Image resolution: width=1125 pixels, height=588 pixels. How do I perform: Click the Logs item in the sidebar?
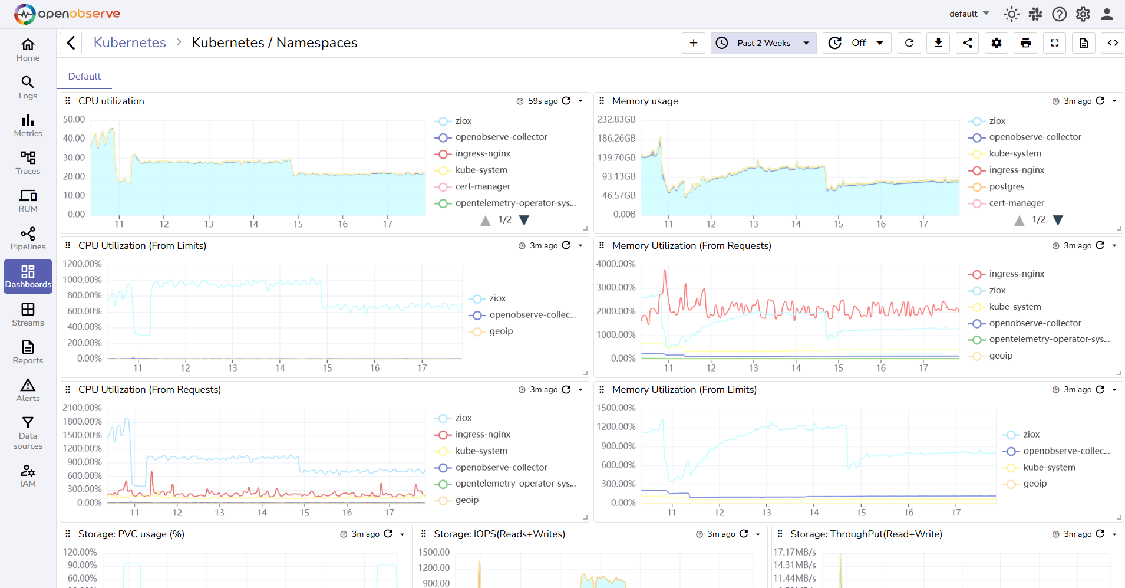click(x=28, y=88)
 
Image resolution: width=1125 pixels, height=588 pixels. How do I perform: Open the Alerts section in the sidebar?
click(x=28, y=390)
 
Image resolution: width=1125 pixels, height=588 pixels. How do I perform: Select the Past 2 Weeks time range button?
click(x=763, y=43)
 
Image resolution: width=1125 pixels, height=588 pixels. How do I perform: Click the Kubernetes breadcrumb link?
click(x=130, y=43)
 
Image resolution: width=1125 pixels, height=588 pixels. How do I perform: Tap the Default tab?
click(x=84, y=77)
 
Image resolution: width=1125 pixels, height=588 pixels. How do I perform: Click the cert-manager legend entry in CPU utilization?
click(x=482, y=186)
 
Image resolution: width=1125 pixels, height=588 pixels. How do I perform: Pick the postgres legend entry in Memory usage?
click(x=1007, y=186)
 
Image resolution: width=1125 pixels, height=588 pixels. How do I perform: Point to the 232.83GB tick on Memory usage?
click(x=616, y=119)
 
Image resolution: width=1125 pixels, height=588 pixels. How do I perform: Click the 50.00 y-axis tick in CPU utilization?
click(x=74, y=119)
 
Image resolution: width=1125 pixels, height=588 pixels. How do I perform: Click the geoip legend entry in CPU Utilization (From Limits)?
click(x=501, y=331)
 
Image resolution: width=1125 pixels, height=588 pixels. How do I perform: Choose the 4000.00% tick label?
click(x=616, y=264)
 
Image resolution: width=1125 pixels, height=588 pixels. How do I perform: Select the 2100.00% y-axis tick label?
click(x=82, y=408)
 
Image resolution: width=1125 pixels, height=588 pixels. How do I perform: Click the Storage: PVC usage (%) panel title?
click(x=131, y=534)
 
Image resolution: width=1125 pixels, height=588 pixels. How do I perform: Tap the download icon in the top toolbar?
click(x=938, y=43)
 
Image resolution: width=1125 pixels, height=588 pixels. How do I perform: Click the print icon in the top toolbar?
click(x=1025, y=43)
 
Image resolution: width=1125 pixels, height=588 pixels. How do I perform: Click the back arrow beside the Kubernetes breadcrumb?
click(x=71, y=43)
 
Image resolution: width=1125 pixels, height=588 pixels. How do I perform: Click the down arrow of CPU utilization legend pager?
click(x=524, y=220)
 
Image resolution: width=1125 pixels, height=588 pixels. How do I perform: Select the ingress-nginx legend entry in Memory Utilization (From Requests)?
click(x=1016, y=274)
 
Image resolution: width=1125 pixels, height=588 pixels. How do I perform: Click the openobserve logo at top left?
click(x=67, y=14)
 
